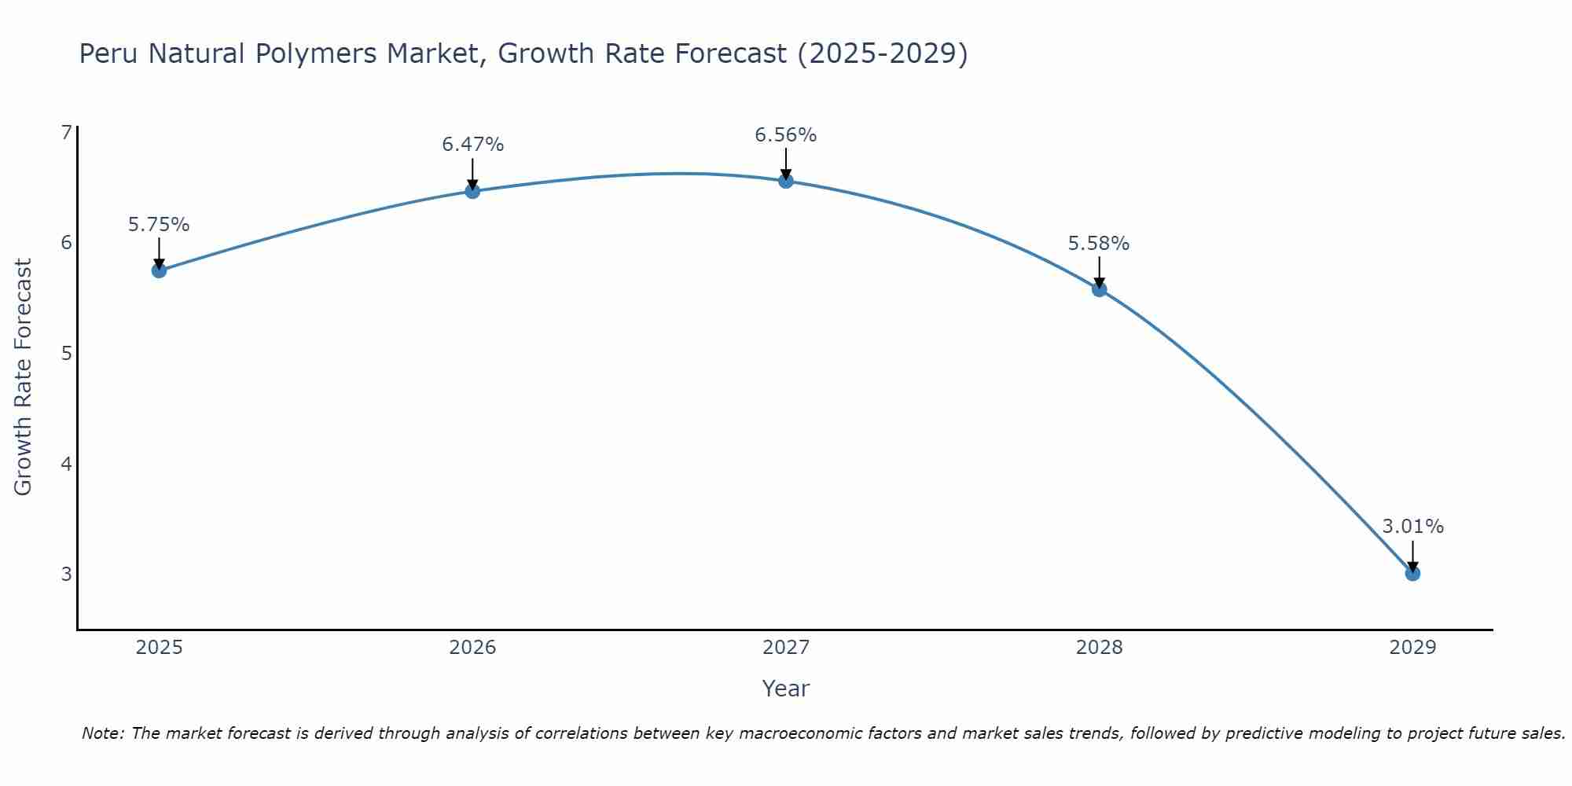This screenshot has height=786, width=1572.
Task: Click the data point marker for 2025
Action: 159,270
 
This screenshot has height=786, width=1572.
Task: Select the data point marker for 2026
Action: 472,191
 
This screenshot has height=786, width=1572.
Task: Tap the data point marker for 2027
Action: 786,182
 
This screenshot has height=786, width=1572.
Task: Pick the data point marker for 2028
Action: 1099,289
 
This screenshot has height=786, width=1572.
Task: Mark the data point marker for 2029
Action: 1412,574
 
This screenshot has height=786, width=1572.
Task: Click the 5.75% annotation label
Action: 159,225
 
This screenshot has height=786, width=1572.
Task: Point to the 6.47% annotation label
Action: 472,145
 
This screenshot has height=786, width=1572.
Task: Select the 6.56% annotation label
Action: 786,135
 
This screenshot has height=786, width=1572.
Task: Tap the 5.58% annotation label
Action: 1099,244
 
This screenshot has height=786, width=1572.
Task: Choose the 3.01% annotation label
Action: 1412,527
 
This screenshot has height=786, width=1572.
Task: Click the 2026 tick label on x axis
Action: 472,648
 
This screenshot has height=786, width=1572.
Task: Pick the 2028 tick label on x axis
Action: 1099,648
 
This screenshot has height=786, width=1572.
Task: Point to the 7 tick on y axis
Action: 66,132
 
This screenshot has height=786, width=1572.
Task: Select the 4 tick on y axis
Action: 66,464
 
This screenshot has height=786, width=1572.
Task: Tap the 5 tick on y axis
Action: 66,353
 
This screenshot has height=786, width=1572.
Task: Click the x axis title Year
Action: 786,689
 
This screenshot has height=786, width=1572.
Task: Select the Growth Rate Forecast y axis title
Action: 24,377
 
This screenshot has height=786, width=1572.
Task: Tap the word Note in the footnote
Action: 102,733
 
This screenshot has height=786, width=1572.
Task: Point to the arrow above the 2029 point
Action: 1412,555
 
